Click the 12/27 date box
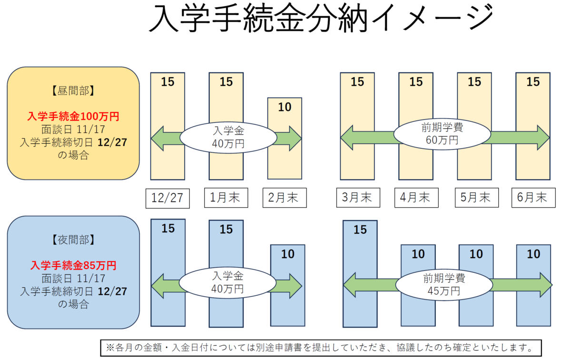(x=167, y=198)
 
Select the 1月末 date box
(x=226, y=198)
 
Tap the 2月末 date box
(x=285, y=198)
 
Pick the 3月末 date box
(x=357, y=198)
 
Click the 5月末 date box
(x=474, y=198)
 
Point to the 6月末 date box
(x=533, y=198)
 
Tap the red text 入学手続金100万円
(x=73, y=116)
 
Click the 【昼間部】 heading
(x=73, y=90)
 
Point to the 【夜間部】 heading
(x=73, y=240)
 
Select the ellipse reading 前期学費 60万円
(x=443, y=134)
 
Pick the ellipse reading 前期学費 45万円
(x=443, y=284)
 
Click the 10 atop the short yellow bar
(x=285, y=107)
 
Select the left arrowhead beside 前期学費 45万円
(x=351, y=286)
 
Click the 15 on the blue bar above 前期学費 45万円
(x=360, y=230)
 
